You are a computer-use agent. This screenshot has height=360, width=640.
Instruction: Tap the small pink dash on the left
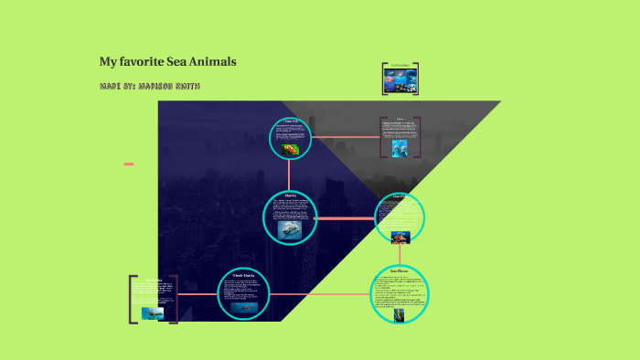129,164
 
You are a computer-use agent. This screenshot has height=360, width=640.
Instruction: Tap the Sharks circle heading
291,195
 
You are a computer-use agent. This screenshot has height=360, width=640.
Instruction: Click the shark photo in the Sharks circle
290,229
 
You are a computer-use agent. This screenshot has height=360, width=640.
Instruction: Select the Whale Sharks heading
244,274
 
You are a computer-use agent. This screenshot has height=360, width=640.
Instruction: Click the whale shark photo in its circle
244,307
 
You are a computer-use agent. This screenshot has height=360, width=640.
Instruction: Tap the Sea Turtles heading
153,280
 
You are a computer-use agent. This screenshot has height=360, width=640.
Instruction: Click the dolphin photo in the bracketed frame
400,147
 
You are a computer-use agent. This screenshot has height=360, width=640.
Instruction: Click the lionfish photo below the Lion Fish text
400,238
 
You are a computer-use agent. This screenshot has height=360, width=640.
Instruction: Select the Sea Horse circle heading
400,271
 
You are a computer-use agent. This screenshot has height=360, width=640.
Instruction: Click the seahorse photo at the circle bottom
400,315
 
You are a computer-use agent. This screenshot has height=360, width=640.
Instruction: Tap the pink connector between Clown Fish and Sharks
290,174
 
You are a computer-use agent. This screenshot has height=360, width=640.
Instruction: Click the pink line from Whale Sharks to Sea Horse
320,294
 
